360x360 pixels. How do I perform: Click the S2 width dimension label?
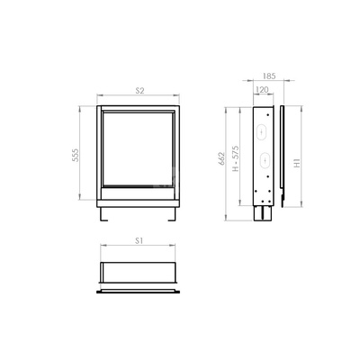[139, 91]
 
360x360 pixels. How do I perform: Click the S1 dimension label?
[139, 240]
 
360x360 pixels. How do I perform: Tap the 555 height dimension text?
[76, 155]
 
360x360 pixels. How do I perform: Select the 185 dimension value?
[269, 76]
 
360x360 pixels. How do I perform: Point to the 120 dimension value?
[263, 90]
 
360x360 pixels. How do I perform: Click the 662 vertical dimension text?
[221, 158]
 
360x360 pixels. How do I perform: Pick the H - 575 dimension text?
[236, 158]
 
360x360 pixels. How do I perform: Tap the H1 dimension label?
[296, 163]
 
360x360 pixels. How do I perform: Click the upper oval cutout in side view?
[262, 132]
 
